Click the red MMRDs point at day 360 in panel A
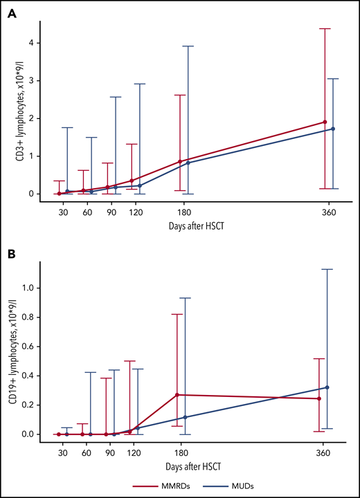[325, 122]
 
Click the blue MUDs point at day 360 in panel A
[333, 129]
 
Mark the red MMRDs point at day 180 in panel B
[178, 395]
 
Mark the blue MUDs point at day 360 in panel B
[327, 387]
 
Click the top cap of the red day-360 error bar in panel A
[325, 28]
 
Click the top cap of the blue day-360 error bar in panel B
[327, 269]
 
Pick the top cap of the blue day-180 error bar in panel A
[188, 46]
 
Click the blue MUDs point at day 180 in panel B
[186, 417]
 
